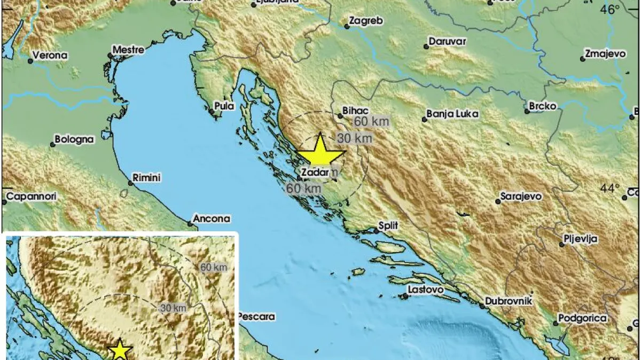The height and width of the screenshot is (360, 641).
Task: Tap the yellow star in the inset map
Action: (x=120, y=350)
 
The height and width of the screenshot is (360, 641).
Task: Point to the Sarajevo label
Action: (x=521, y=197)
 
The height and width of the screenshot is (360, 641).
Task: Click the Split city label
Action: (x=388, y=226)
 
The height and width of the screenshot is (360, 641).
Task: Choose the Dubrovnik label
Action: (x=509, y=301)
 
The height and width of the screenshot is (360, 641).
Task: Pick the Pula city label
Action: (x=224, y=106)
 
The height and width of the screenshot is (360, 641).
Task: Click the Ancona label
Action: (x=212, y=218)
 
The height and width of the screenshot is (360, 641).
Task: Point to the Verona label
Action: (x=50, y=55)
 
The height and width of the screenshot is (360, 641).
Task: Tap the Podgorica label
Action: (x=583, y=318)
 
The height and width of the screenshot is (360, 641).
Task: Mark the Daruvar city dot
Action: (x=426, y=47)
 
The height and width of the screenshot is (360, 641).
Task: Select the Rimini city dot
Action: (x=130, y=183)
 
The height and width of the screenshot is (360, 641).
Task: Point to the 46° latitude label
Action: (x=609, y=9)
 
